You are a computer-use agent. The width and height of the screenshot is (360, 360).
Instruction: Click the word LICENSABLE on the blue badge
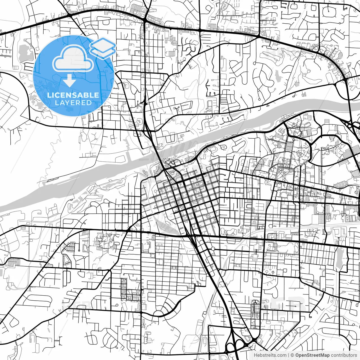point(73,95)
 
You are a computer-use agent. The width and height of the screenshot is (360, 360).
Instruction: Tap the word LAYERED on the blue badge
point(73,103)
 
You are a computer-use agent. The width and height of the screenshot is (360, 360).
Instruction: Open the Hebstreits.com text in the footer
point(270,355)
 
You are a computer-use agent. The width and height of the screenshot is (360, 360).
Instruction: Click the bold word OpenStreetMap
point(312,355)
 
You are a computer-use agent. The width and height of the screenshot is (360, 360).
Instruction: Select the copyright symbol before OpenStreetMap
point(292,355)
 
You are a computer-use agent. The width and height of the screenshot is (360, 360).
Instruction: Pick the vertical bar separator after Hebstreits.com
point(289,355)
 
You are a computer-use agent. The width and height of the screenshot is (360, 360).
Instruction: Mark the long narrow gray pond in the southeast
point(339,259)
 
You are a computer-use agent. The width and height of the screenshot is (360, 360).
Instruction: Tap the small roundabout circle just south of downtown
point(213,249)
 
